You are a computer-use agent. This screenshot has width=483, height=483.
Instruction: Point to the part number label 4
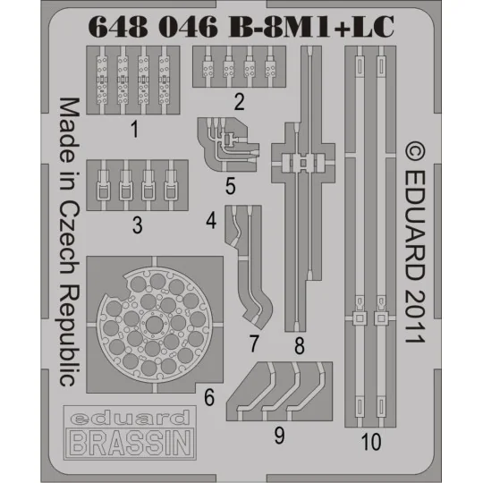point(210,219)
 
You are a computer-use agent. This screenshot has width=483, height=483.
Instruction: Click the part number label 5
point(231,187)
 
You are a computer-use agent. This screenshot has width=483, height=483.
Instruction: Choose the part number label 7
point(254,343)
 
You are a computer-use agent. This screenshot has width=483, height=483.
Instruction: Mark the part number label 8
point(299,343)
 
